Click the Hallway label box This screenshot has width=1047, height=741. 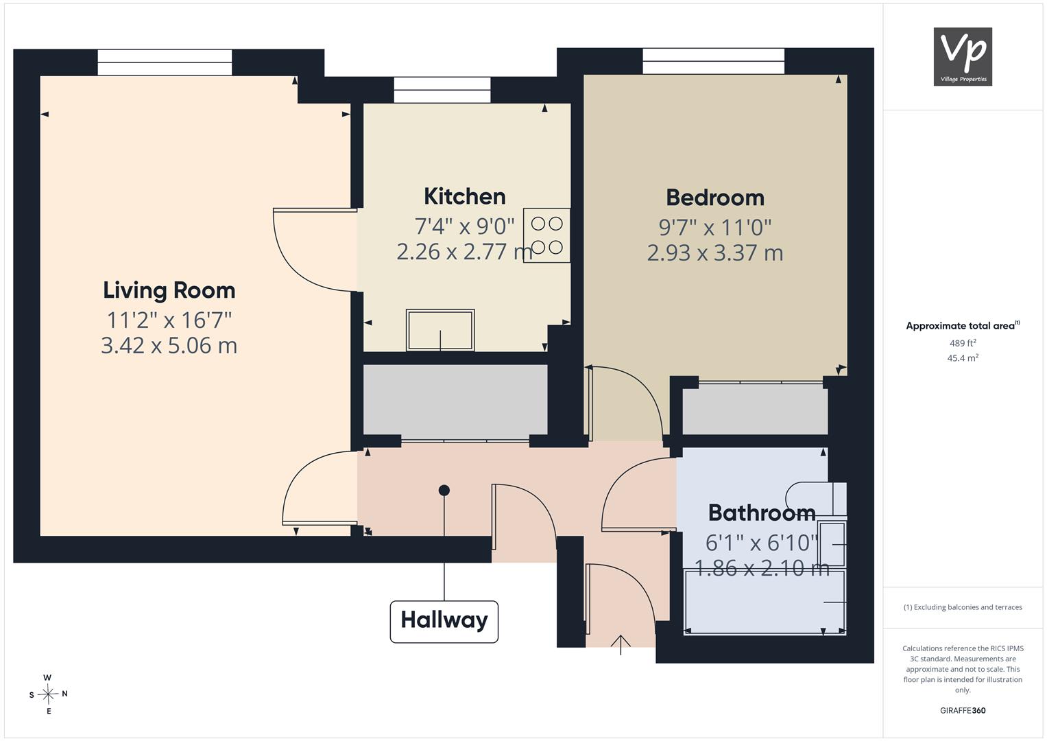444,621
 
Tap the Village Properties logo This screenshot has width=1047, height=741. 963,56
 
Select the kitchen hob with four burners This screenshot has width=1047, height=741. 546,235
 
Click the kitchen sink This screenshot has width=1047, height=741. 440,330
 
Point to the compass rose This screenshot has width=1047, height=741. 48,694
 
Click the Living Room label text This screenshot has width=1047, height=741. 169,290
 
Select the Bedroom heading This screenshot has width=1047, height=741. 715,198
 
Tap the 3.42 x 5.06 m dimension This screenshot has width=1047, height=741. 169,346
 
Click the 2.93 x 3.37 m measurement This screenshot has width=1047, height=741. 715,253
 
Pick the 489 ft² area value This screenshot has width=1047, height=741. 963,343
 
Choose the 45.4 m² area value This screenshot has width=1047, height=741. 963,358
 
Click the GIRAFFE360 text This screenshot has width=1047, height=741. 963,711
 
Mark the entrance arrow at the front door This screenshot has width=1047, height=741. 621,645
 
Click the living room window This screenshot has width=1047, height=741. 165,62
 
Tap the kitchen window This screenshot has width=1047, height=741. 442,90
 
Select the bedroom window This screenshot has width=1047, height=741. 713,61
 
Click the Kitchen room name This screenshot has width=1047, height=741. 465,196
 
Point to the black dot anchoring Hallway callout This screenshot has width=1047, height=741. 444,491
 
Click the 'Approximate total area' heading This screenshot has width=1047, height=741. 963,326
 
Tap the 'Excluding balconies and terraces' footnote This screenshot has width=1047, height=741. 963,607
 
